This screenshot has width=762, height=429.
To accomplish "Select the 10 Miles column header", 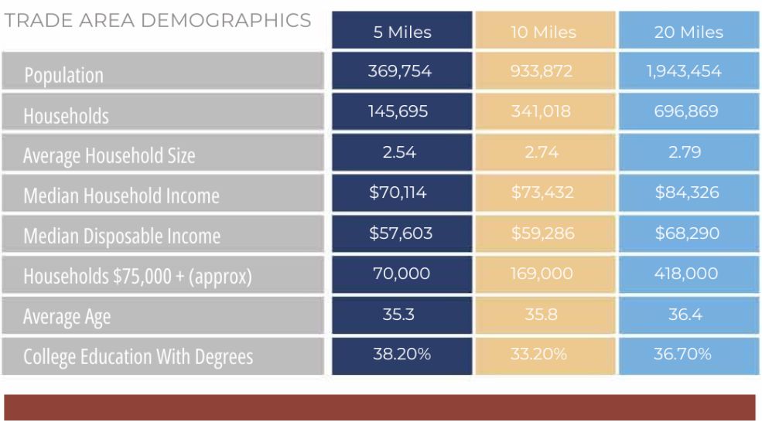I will [x=545, y=32].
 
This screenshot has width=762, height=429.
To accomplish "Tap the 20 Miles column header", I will [x=688, y=32].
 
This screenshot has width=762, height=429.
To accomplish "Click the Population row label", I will [x=63, y=76].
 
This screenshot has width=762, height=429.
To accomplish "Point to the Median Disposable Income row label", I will [x=121, y=237].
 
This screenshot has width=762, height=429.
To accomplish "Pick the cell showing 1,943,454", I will [x=688, y=72].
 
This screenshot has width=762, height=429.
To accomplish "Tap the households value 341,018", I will [x=545, y=112].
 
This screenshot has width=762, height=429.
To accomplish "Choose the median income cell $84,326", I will [x=688, y=192].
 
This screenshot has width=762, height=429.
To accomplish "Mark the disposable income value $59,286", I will [x=545, y=233].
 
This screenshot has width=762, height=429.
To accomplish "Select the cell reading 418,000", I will [x=688, y=273].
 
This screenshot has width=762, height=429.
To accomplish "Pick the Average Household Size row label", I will [x=109, y=156].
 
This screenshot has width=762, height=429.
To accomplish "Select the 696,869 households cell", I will [x=688, y=112].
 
